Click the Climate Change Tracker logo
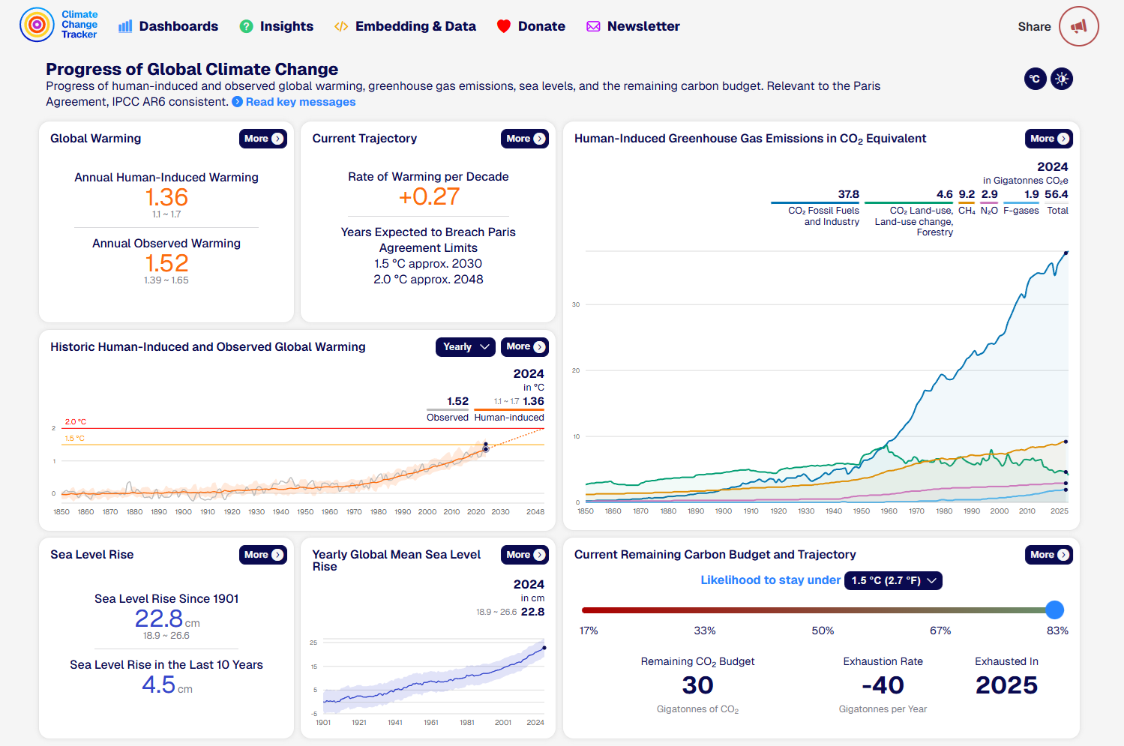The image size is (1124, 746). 59,25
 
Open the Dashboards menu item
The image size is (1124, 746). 168,26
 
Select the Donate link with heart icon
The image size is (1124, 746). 531,26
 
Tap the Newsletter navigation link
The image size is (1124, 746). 633,26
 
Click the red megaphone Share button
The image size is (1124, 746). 1078,26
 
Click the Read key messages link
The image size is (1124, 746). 300,102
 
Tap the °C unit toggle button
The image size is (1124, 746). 1035,79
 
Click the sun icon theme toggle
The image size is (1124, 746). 1062,79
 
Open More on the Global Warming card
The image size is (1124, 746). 263,139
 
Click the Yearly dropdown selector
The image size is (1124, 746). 465,347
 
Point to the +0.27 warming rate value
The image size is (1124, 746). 428,196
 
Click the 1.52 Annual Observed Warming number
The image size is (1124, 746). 166,263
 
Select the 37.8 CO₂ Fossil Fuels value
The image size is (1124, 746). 848,194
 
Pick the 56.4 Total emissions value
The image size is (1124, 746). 1056,194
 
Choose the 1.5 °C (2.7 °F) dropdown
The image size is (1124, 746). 893,581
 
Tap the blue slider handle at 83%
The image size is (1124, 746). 1054,610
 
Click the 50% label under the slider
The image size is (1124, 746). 823,631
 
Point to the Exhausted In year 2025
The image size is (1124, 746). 1006,685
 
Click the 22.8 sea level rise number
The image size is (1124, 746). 159,619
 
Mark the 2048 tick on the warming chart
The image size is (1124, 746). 535,512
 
